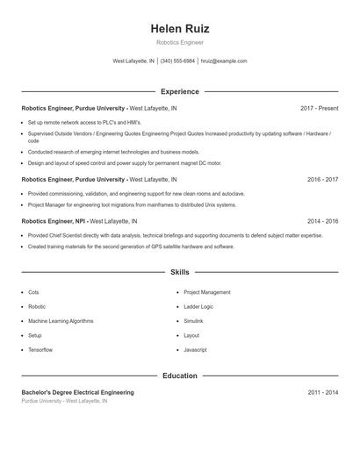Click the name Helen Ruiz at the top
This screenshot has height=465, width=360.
tap(180, 29)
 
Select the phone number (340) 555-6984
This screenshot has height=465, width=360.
tap(177, 61)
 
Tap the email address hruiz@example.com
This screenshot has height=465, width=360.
tap(224, 61)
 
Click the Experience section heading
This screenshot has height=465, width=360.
tap(180, 91)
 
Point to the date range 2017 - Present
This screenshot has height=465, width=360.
tap(319, 108)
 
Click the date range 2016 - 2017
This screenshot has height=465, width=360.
tap(322, 179)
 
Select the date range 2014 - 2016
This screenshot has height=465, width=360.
tap(322, 222)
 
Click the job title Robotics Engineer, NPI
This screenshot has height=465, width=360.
tap(54, 222)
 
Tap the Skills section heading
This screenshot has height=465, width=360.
tap(180, 273)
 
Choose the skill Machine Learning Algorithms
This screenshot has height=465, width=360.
tap(61, 321)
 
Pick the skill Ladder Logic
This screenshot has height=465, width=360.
tap(198, 307)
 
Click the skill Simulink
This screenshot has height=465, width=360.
tap(193, 321)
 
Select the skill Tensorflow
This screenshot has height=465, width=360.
tap(40, 350)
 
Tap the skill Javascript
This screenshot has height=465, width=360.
tap(195, 350)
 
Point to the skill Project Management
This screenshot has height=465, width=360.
tap(207, 292)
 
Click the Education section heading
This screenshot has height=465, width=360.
tap(180, 376)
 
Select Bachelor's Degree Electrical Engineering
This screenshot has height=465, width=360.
tap(77, 392)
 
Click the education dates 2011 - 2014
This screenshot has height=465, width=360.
tap(322, 392)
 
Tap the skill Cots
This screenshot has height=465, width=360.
tap(33, 292)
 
